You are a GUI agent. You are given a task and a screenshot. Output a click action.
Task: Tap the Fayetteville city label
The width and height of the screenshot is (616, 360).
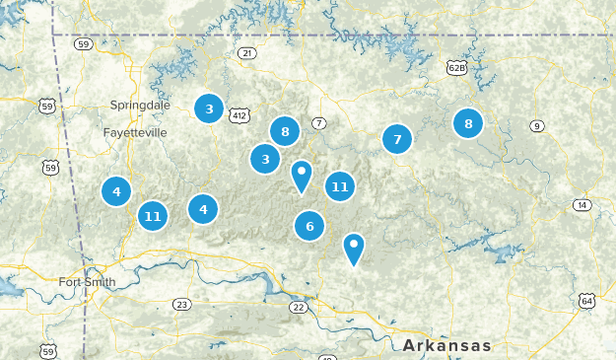[135, 131]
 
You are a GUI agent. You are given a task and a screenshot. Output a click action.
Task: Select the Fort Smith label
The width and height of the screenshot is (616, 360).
[87, 282]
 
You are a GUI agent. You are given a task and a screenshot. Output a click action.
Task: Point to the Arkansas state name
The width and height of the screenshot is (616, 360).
[446, 345]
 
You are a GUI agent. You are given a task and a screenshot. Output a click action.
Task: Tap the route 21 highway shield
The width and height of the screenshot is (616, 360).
[246, 52]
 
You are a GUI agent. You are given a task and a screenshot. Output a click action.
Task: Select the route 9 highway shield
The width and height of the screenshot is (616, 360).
[536, 125]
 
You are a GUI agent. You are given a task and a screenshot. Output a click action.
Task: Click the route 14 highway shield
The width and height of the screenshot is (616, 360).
[582, 205]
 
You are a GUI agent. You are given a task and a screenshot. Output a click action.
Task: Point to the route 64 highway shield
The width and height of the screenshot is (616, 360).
[587, 300]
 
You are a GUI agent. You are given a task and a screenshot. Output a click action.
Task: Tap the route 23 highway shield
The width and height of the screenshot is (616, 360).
[181, 304]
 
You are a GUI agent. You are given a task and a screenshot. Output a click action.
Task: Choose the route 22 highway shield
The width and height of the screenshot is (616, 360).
[299, 308]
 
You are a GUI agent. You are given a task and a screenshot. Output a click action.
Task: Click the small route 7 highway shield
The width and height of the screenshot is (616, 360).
[318, 123]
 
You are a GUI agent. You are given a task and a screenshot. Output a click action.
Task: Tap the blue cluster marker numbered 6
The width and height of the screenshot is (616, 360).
[309, 226]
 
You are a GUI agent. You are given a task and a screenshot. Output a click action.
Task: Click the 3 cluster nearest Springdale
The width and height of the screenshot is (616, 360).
[209, 108]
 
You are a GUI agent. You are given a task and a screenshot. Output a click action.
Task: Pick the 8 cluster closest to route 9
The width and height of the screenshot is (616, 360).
[468, 123]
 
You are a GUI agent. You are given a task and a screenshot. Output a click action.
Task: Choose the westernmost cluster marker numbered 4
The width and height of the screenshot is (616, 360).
[116, 191]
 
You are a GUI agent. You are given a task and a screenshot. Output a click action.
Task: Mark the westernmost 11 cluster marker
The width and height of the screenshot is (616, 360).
[152, 214]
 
